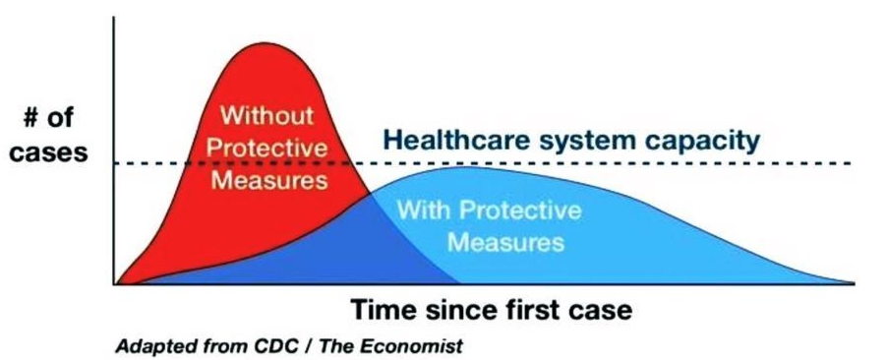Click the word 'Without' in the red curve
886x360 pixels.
tap(266, 115)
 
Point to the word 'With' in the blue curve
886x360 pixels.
tap(424, 210)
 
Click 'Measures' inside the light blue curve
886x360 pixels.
tap(505, 242)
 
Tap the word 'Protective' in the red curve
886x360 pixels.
tap(266, 149)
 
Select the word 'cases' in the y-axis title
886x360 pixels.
tap(49, 152)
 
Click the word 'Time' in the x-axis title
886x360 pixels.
tap(384, 310)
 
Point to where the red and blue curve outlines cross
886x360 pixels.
tap(370, 194)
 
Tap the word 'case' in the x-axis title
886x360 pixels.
tap(603, 311)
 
